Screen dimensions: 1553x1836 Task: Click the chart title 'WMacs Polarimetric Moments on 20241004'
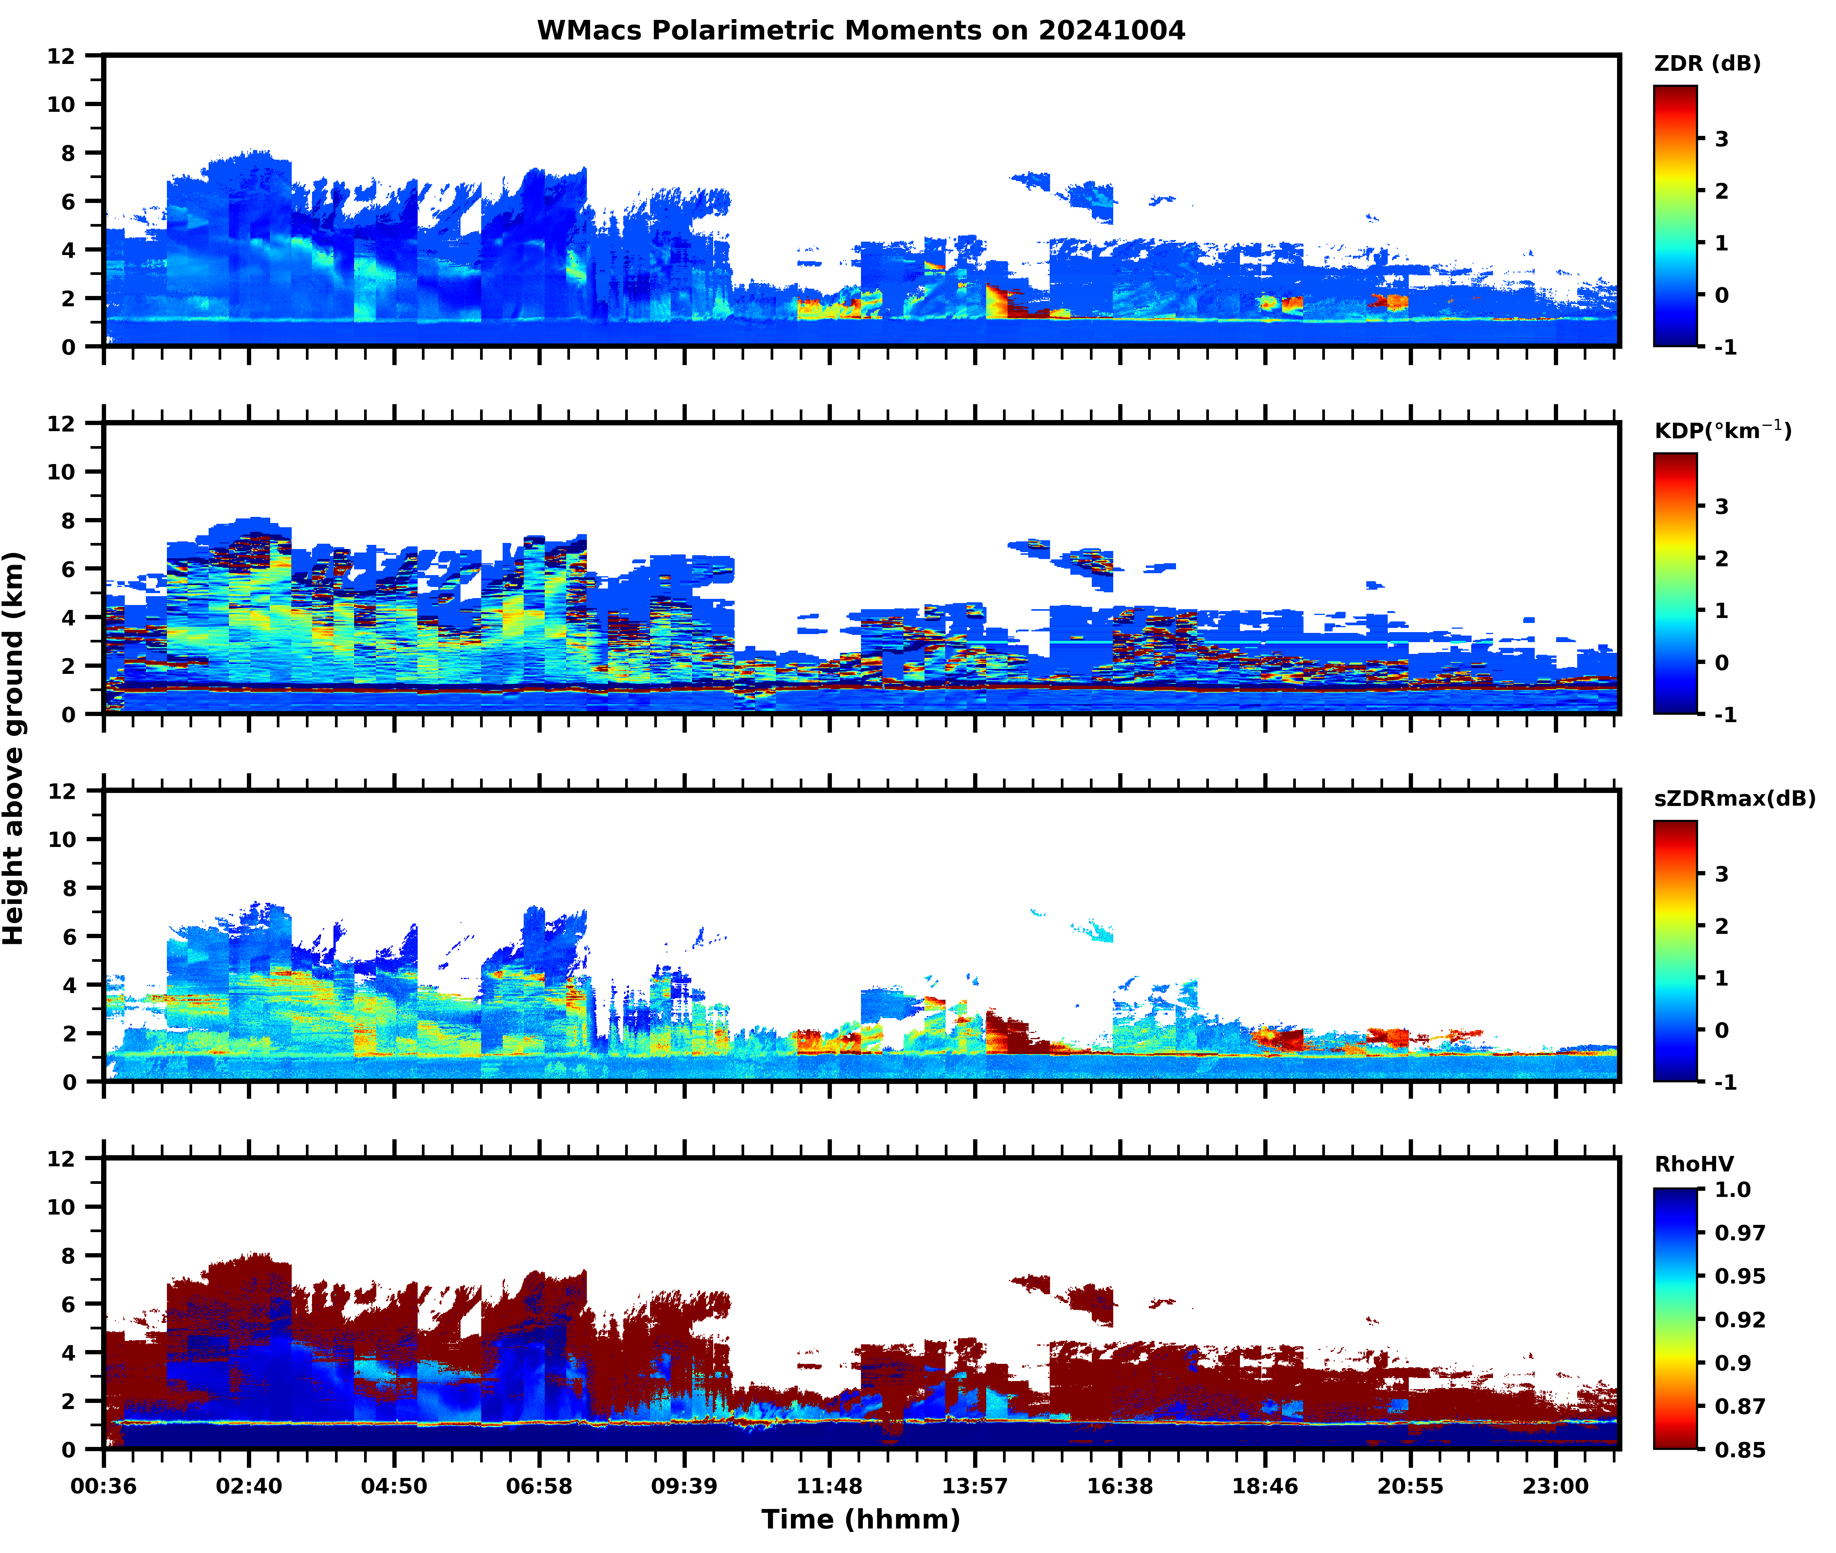tap(861, 31)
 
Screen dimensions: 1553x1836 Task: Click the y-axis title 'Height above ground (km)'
tap(14, 748)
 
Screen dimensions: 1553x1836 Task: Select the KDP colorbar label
tap(1722, 430)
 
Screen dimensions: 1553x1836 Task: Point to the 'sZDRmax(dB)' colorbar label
tap(1734, 798)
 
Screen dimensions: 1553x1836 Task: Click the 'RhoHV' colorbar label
tap(1694, 1165)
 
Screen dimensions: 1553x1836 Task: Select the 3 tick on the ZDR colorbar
tap(1722, 139)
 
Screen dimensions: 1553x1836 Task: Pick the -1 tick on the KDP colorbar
tap(1725, 715)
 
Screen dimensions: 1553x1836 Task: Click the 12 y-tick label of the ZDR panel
tap(62, 56)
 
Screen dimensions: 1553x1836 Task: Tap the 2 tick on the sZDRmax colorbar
tap(1722, 926)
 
